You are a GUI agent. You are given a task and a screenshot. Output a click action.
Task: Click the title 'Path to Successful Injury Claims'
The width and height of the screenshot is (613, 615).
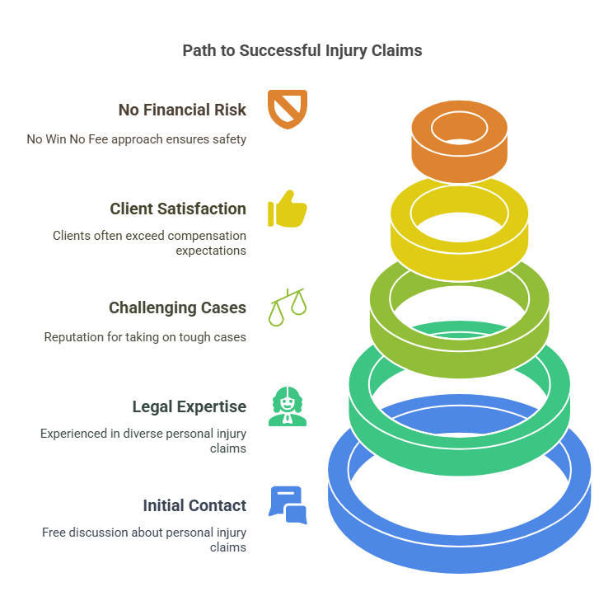[x=302, y=50]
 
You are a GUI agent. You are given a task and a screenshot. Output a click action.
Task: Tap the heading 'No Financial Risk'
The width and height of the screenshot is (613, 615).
[x=182, y=110]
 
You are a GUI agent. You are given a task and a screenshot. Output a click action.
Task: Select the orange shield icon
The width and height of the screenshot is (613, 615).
[x=288, y=109]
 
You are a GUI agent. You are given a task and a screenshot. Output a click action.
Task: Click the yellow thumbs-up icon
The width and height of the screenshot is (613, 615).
[x=288, y=209]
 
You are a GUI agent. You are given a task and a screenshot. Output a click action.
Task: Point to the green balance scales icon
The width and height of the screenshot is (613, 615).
[x=287, y=307]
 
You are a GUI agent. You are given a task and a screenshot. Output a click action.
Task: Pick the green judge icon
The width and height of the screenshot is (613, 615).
[x=288, y=406]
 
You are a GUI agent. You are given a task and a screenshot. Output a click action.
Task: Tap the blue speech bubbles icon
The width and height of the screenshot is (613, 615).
[x=288, y=505]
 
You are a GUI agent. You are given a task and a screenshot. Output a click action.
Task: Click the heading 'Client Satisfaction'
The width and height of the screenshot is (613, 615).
[x=178, y=209]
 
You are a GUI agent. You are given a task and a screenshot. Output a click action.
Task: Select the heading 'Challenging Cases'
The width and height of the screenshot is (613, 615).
[x=177, y=307]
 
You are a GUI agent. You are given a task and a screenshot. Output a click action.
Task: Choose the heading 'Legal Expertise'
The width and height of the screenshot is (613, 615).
[x=189, y=406]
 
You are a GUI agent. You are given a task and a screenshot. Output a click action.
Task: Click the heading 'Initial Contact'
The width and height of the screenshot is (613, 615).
[x=194, y=505]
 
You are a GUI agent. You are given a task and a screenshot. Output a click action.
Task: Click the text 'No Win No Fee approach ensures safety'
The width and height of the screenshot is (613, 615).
[x=136, y=139]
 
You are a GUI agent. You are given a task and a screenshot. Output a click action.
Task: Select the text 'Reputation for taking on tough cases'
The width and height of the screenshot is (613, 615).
[x=144, y=336]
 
